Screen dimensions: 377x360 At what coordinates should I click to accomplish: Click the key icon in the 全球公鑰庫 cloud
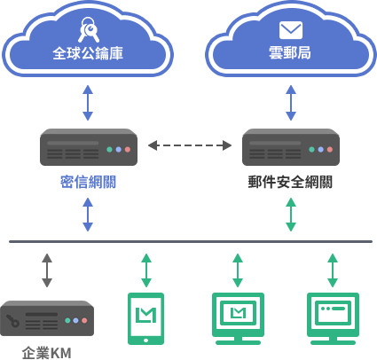click(89, 30)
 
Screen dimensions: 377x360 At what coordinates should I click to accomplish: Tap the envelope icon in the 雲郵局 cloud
click(291, 30)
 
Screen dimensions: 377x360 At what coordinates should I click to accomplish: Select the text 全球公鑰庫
click(88, 53)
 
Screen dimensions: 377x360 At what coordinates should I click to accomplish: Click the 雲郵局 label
click(290, 53)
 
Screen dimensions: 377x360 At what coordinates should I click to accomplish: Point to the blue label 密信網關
click(88, 182)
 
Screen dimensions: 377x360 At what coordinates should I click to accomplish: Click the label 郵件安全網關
click(290, 182)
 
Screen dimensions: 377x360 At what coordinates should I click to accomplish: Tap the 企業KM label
click(47, 353)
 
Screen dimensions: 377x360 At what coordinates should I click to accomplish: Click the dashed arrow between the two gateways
click(190, 145)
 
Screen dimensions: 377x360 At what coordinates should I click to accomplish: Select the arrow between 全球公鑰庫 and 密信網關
click(88, 103)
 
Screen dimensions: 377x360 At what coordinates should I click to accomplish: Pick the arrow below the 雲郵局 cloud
click(291, 103)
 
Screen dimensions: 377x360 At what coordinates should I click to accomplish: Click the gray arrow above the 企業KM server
click(47, 270)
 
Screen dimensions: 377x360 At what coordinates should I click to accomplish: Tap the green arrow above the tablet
click(146, 270)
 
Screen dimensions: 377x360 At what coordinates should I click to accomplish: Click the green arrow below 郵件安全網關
click(291, 215)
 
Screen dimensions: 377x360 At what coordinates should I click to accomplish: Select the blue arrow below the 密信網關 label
click(88, 215)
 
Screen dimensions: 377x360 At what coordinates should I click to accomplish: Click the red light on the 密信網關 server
click(128, 150)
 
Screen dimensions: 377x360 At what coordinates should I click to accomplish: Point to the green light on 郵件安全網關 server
click(311, 150)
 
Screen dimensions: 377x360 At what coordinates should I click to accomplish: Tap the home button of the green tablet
click(145, 340)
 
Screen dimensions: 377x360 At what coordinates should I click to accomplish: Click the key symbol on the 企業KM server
click(12, 321)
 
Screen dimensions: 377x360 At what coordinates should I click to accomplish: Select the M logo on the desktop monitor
click(238, 313)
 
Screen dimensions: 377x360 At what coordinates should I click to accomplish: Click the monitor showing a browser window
click(333, 318)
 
